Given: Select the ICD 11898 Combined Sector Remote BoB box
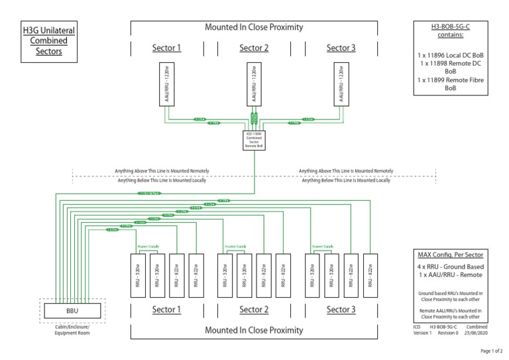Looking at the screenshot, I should [253, 141].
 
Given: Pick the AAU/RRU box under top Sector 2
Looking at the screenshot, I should [253, 85].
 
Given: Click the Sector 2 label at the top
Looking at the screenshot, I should [253, 48].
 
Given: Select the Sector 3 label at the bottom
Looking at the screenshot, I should [342, 310].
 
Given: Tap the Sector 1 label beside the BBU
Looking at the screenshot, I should [166, 310].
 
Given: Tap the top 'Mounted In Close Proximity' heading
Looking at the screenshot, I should [253, 27].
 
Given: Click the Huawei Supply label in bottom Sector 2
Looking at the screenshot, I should [235, 247].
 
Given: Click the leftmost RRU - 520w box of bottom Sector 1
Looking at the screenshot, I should [138, 273].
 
